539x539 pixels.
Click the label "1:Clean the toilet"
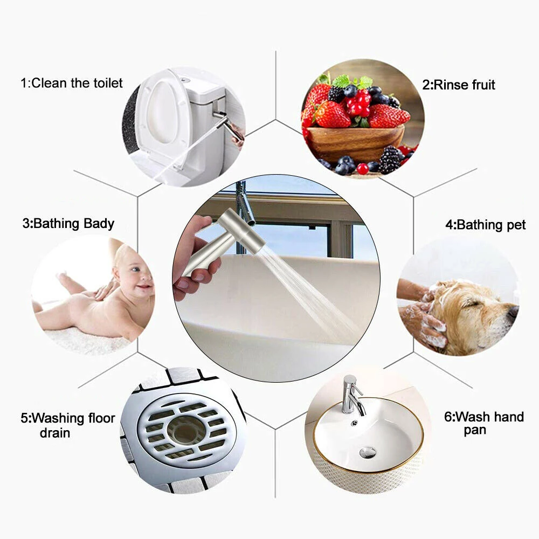coord(72,83)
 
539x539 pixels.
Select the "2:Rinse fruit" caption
coord(459,85)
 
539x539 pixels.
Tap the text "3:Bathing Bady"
coord(68,224)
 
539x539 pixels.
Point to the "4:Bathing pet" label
coord(485,225)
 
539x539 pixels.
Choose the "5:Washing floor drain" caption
coord(68,425)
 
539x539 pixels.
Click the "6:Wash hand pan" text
coord(483,423)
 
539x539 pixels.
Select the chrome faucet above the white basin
coord(351,394)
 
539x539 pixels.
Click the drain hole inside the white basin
coord(368,452)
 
